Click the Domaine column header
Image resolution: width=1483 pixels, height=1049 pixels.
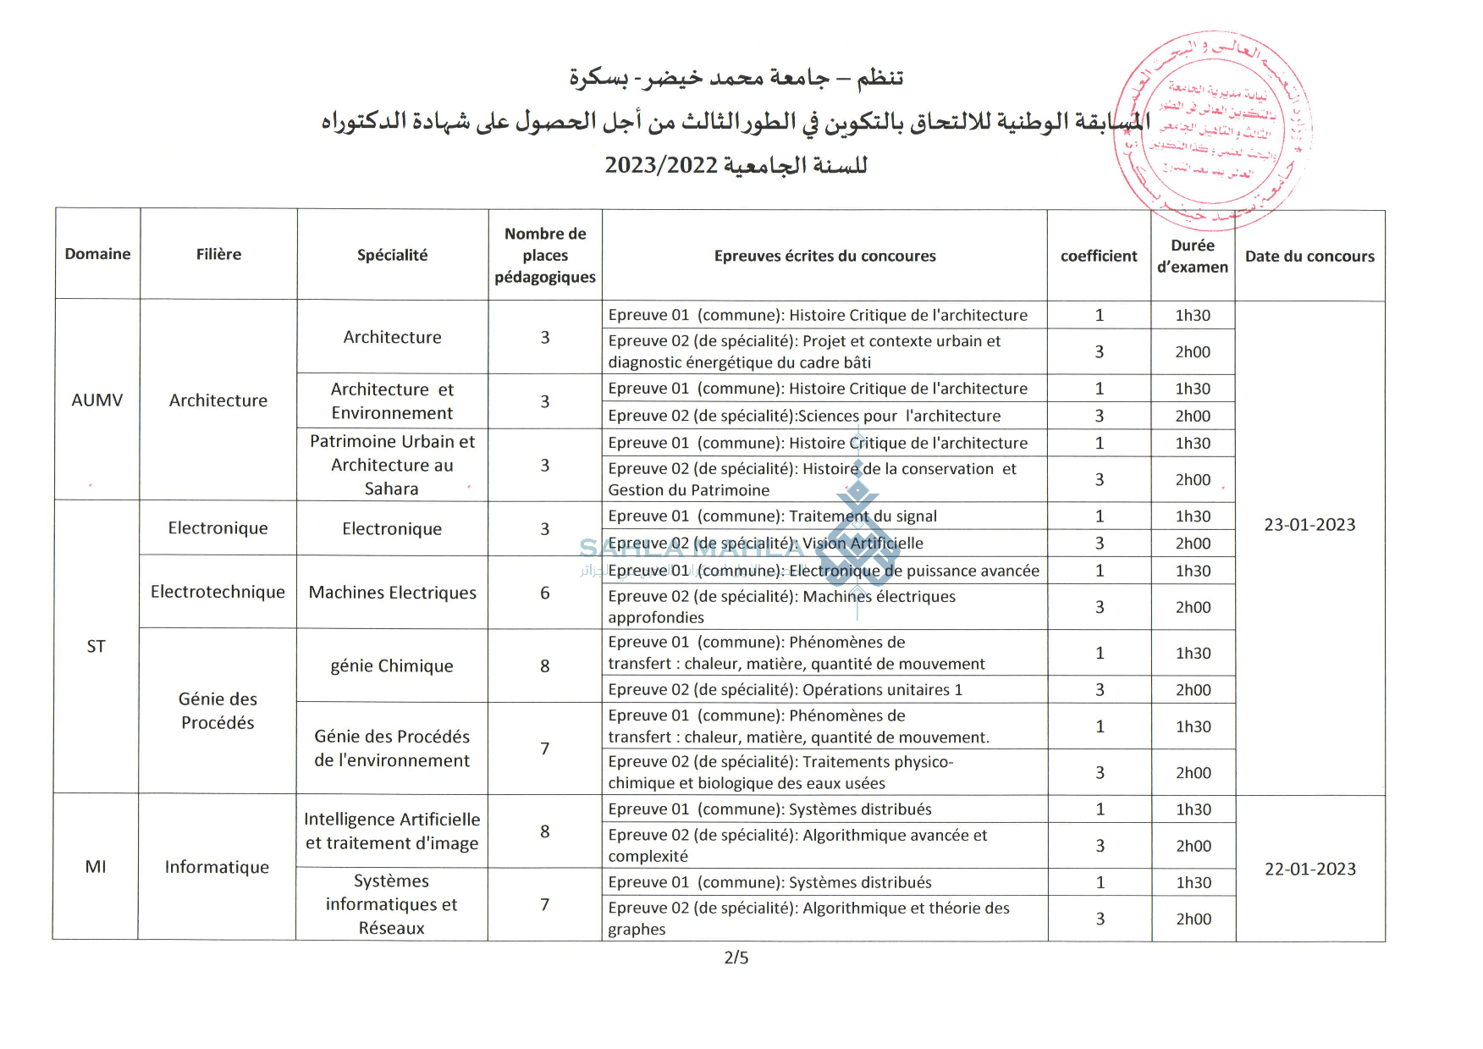(x=97, y=254)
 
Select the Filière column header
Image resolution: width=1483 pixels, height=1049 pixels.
(x=218, y=254)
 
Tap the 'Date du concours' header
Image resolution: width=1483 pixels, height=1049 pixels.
(x=1309, y=256)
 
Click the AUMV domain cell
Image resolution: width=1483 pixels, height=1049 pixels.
(x=97, y=400)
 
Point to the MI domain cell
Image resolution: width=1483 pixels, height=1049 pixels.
(x=96, y=866)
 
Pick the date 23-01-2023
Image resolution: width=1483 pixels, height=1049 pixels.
(x=1309, y=525)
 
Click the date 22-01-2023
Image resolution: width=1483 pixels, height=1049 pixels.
(x=1309, y=869)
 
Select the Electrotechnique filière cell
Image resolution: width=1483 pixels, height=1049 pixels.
(x=218, y=592)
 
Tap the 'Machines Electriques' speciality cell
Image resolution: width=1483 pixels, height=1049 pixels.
(x=392, y=593)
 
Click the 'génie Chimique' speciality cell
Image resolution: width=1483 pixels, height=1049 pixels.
(x=392, y=666)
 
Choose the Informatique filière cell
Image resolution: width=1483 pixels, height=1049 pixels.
(x=217, y=867)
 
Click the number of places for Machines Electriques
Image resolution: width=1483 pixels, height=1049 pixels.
(x=545, y=593)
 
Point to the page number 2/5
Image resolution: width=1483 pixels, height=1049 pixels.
(x=736, y=958)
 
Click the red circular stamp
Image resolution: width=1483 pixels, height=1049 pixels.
(x=1212, y=131)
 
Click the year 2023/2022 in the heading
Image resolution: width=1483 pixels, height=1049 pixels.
(x=661, y=165)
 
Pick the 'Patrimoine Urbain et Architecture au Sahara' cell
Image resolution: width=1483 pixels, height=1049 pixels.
(x=392, y=465)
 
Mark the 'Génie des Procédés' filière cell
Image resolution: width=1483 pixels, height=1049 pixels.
(x=218, y=710)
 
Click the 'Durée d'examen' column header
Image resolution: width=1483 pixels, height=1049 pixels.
(x=1192, y=256)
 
